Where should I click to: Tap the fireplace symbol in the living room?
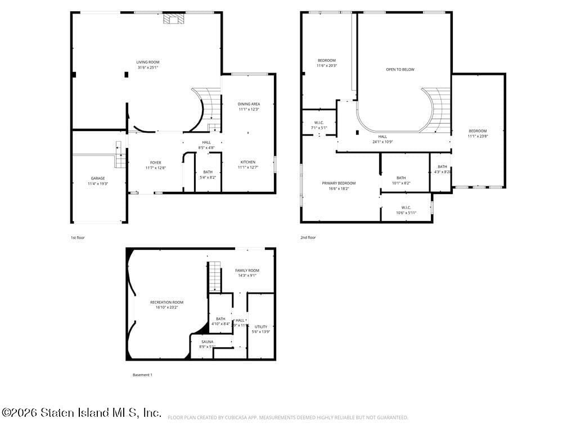173,19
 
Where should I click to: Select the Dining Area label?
249,106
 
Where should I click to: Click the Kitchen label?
248,164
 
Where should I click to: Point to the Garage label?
98,181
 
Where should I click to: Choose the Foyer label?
155,165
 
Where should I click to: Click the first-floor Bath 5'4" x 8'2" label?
208,174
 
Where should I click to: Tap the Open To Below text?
400,70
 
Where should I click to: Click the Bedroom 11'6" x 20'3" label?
327,63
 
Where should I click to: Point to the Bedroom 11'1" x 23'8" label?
478,133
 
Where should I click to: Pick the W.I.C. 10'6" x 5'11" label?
406,210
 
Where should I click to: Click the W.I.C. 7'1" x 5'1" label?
319,125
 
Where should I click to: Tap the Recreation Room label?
166,305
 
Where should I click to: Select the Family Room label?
247,273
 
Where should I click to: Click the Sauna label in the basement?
207,344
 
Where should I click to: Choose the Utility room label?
261,329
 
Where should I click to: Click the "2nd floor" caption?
308,237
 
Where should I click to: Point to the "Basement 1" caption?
142,375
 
